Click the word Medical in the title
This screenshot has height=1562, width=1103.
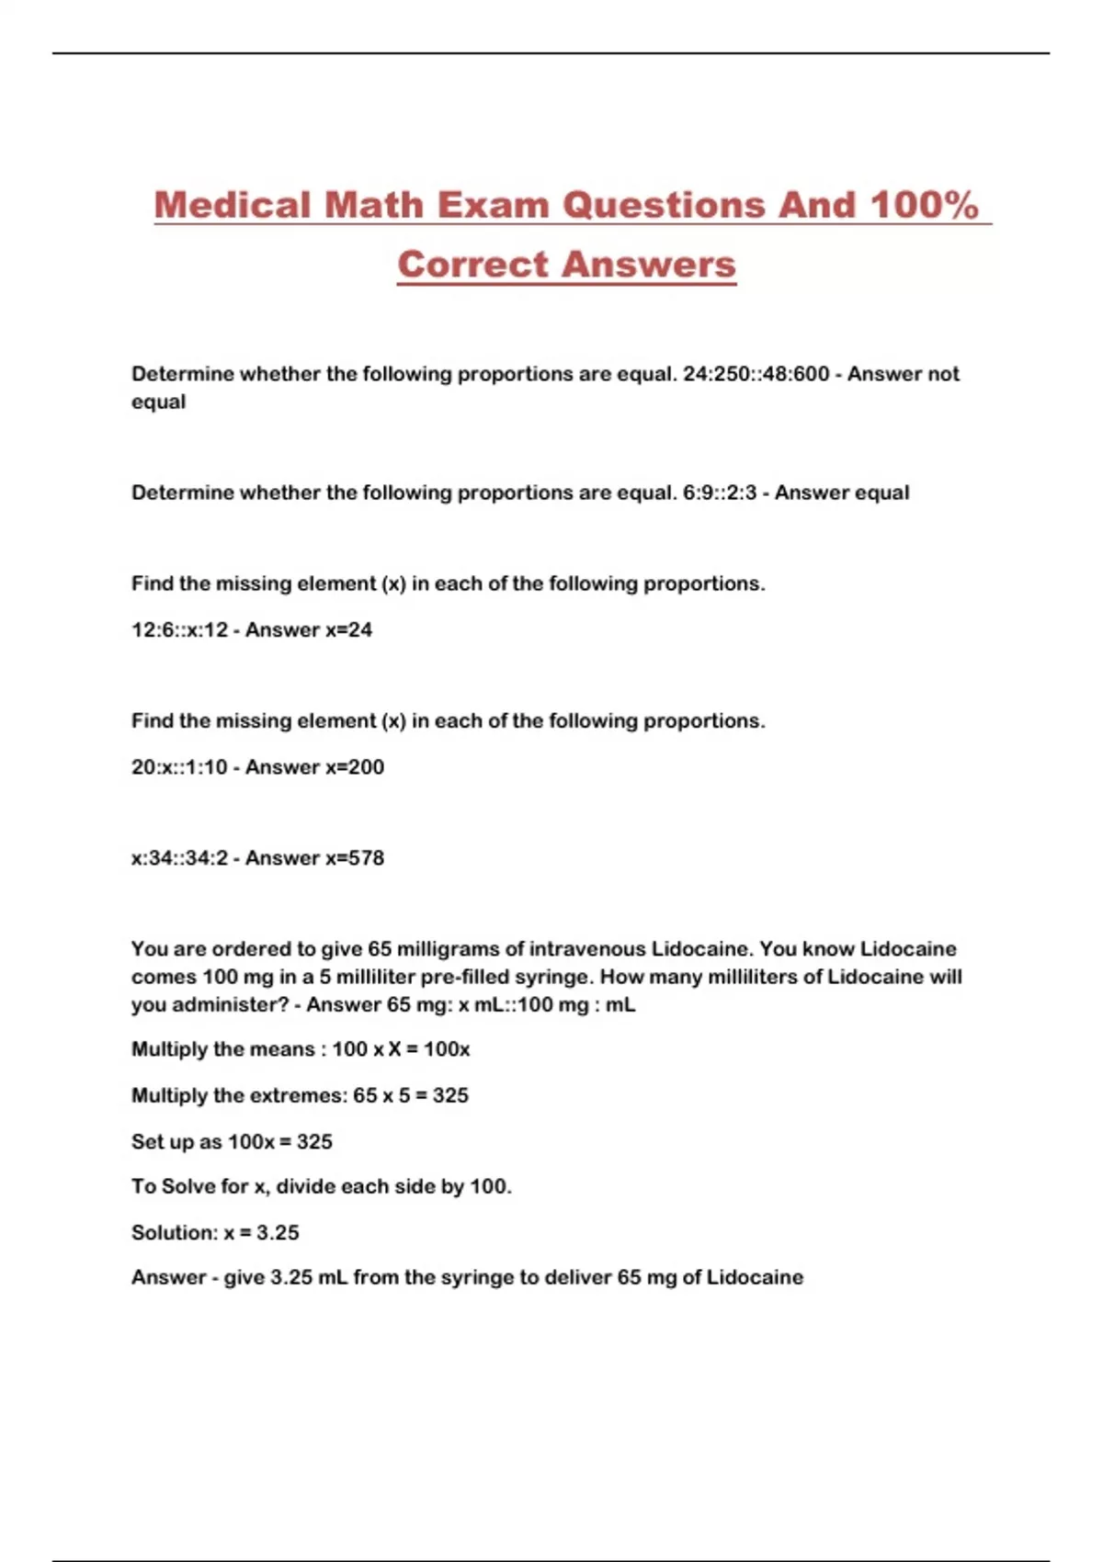pos(233,205)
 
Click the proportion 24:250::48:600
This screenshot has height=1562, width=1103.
pos(756,374)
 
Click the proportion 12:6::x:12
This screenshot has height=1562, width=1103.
pos(179,629)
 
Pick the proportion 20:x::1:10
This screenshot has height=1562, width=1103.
pos(179,766)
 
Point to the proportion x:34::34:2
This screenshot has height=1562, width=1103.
pos(179,857)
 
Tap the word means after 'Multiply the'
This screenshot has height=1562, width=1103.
pos(282,1049)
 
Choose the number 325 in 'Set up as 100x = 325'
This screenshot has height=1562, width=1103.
pos(314,1141)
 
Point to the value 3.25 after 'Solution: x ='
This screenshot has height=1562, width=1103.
pos(278,1232)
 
